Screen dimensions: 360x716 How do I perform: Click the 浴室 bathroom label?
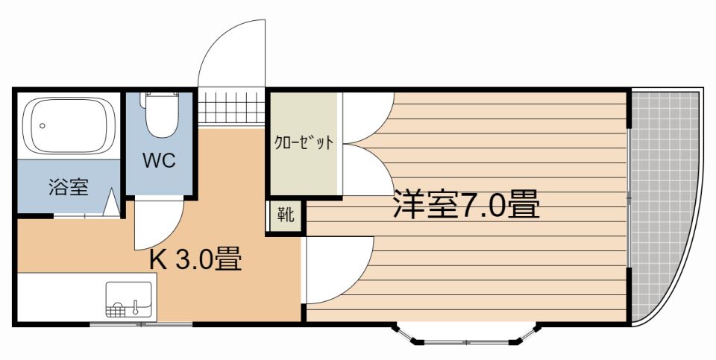69,187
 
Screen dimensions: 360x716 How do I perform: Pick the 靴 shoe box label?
286,217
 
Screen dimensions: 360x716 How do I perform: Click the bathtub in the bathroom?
68,126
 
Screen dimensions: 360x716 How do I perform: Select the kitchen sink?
129,300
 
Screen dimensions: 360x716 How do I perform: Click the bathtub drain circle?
43,126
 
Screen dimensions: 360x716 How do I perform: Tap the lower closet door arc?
365,170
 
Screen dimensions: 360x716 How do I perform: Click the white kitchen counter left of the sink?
56,298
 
